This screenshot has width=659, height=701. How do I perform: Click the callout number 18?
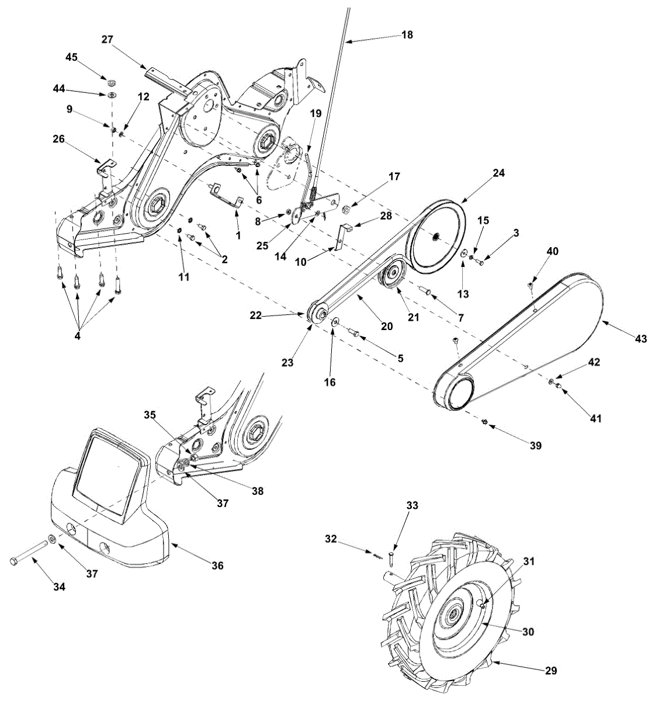(x=407, y=34)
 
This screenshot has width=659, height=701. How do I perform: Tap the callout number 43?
(x=640, y=338)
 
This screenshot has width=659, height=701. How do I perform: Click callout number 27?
(x=107, y=39)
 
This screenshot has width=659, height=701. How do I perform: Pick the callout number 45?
(x=71, y=57)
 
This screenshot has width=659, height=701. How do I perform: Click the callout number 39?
(x=535, y=445)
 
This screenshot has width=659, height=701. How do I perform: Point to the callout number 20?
(x=387, y=326)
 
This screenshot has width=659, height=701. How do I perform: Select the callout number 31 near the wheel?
(x=529, y=561)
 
